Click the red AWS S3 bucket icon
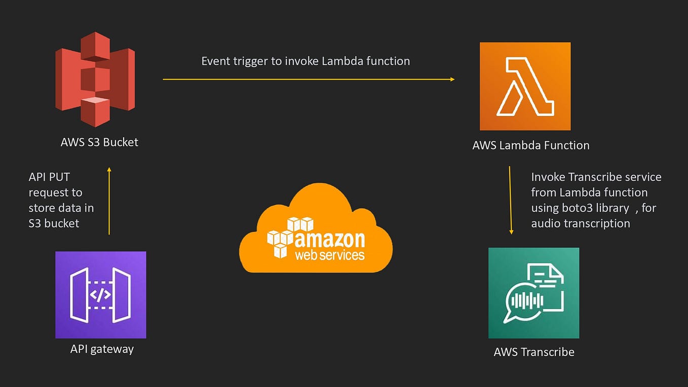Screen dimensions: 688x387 pyautogui.click(x=95, y=79)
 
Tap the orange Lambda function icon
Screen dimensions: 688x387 pyautogui.click(x=525, y=86)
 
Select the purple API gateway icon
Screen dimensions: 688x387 pyautogui.click(x=101, y=295)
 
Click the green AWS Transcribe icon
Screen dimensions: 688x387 pyautogui.click(x=534, y=293)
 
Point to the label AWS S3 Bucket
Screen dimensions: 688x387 pyautogui.click(x=99, y=142)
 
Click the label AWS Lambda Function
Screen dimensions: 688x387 pyautogui.click(x=531, y=145)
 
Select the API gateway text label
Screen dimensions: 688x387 pyautogui.click(x=102, y=349)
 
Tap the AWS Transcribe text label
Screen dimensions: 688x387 pyautogui.click(x=534, y=352)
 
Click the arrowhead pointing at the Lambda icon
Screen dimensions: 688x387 pyautogui.click(x=452, y=79)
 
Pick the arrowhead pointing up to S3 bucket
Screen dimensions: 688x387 pyautogui.click(x=109, y=169)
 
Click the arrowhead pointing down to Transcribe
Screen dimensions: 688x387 pyautogui.click(x=511, y=232)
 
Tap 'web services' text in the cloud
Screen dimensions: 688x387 pyautogui.click(x=330, y=255)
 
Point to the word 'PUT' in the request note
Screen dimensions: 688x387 pyautogui.click(x=59, y=177)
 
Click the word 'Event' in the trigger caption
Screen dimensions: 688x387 pyautogui.click(x=216, y=61)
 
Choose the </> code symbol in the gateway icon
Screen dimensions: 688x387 pyautogui.click(x=100, y=295)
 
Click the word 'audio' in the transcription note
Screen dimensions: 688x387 pyautogui.click(x=547, y=223)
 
